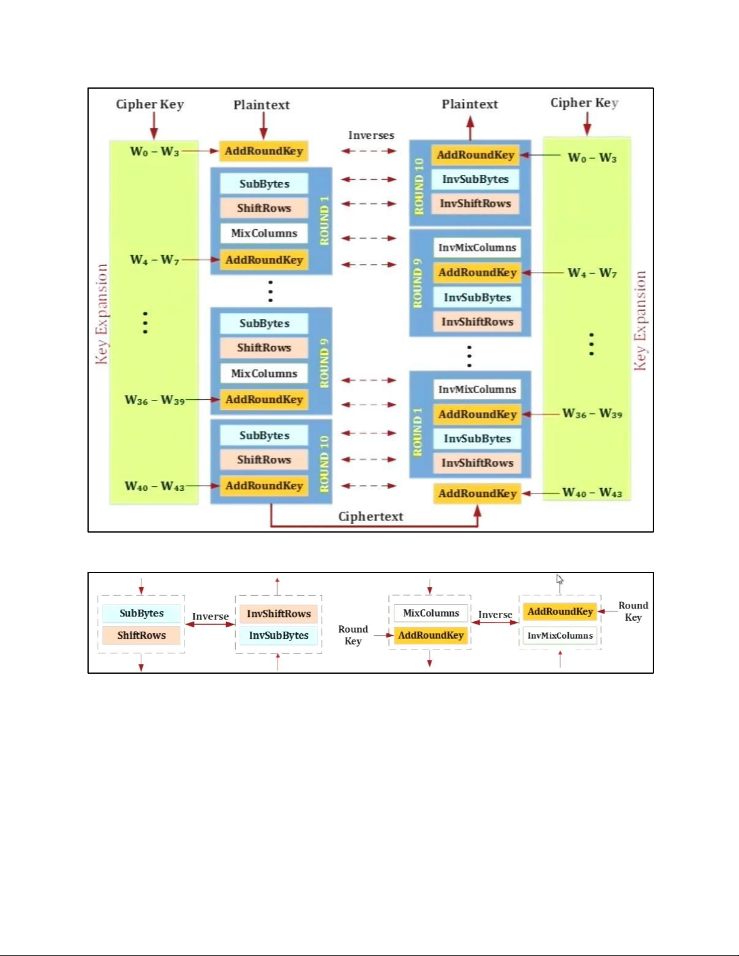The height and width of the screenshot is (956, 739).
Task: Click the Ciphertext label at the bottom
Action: (x=370, y=516)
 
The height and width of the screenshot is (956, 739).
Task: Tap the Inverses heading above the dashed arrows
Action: (x=371, y=135)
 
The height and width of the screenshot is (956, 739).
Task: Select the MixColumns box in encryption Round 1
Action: (x=264, y=233)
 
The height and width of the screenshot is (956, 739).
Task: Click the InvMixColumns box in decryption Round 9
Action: (x=477, y=247)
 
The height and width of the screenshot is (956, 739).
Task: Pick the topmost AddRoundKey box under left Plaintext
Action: (x=264, y=151)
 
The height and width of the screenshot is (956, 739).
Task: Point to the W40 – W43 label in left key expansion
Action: (x=154, y=486)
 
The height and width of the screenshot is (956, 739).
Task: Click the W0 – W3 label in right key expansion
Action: (x=592, y=158)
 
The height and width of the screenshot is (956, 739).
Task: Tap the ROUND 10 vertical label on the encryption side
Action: (x=325, y=463)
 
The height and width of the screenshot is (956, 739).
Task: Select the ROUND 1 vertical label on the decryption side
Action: (x=417, y=432)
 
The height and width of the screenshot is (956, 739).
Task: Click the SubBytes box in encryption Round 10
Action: (x=264, y=435)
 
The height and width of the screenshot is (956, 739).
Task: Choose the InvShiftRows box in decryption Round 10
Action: (x=475, y=204)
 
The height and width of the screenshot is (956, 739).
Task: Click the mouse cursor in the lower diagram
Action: (x=559, y=580)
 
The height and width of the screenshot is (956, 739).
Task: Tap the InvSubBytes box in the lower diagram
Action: (x=279, y=636)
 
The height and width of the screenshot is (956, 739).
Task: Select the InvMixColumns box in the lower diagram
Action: (x=560, y=636)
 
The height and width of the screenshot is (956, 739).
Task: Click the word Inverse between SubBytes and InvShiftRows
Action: (x=210, y=616)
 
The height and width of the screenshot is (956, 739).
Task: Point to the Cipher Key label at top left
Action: (x=150, y=104)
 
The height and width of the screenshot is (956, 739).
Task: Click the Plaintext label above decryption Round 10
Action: (x=470, y=104)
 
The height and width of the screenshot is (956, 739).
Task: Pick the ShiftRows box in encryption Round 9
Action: (x=264, y=348)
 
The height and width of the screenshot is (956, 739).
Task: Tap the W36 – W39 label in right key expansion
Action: (x=592, y=414)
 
